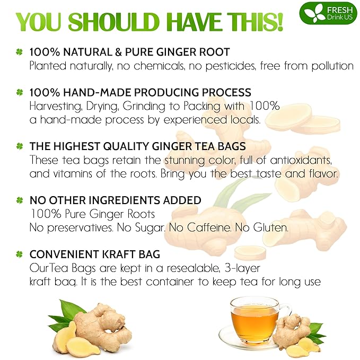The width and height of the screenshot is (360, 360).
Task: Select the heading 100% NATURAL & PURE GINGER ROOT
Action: (x=129, y=52)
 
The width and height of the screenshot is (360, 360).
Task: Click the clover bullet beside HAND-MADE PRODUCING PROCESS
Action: (x=20, y=93)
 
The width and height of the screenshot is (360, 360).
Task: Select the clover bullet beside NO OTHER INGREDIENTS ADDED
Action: (x=20, y=201)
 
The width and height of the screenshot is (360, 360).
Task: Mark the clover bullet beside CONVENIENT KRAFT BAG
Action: (x=20, y=255)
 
